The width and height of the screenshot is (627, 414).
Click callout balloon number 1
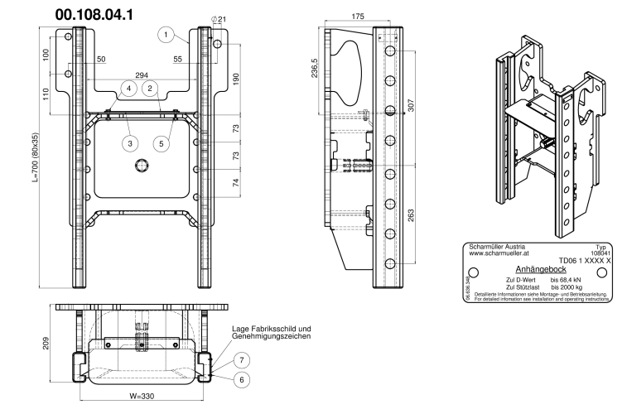pyautogui.click(x=166, y=35)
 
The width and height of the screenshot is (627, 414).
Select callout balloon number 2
pyautogui.click(x=149, y=87)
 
